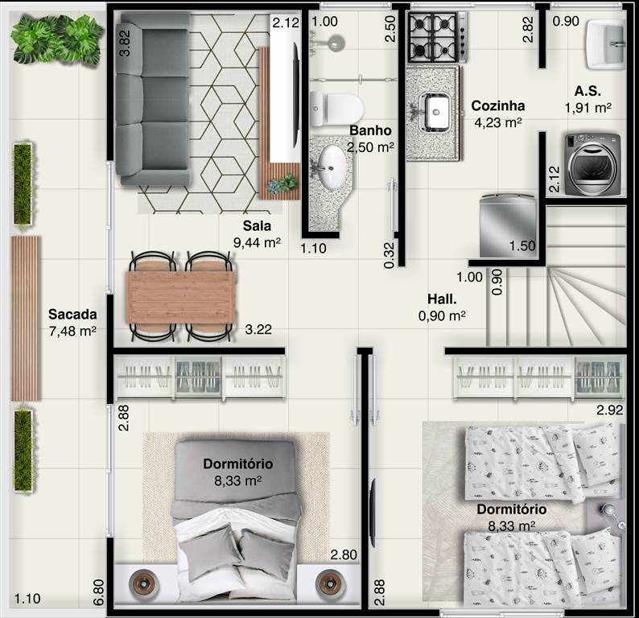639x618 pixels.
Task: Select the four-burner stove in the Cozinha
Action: coord(437,37)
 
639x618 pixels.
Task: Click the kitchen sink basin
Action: coord(435,110)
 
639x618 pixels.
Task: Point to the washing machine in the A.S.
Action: coord(592,164)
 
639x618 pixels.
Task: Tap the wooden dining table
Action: coord(180,295)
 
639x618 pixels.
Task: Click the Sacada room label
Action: coord(72,314)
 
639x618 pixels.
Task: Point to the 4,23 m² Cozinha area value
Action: coord(498,122)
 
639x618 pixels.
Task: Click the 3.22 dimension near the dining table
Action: coord(258,329)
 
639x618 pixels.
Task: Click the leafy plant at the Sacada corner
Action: coord(56,38)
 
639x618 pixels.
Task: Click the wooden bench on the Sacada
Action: coord(25,318)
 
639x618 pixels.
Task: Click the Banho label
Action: coord(370,130)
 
